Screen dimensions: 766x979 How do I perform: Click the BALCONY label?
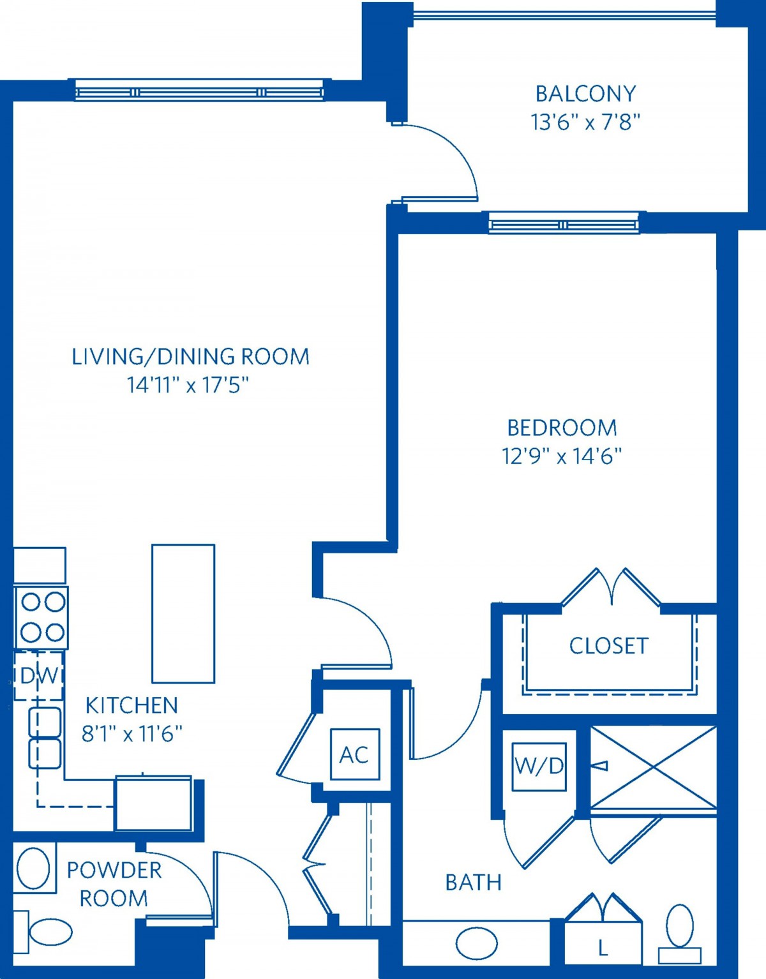point(585,94)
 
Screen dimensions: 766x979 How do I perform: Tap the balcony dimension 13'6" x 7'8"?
point(585,122)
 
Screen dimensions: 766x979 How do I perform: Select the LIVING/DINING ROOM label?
point(191,356)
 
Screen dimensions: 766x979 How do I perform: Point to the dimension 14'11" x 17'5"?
point(188,385)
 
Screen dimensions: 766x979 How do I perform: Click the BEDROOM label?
point(562,428)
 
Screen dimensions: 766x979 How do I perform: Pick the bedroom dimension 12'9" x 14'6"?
point(562,456)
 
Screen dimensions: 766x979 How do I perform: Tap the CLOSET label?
point(609,646)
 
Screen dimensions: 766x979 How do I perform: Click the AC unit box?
point(355,754)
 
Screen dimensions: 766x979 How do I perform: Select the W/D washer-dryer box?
point(539,766)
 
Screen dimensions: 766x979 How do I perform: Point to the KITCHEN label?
point(131,705)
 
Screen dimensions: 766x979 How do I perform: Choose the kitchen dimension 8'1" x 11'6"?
point(131,734)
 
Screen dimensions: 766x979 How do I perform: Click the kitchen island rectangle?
point(183,613)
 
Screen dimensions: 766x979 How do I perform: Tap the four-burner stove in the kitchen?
point(41,617)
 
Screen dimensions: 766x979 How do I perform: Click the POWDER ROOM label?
point(114,885)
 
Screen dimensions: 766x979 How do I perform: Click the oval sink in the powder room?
point(33,869)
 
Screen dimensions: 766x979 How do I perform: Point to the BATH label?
point(474,882)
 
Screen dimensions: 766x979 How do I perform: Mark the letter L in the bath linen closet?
point(603,949)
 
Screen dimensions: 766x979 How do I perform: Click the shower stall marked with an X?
point(654,767)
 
